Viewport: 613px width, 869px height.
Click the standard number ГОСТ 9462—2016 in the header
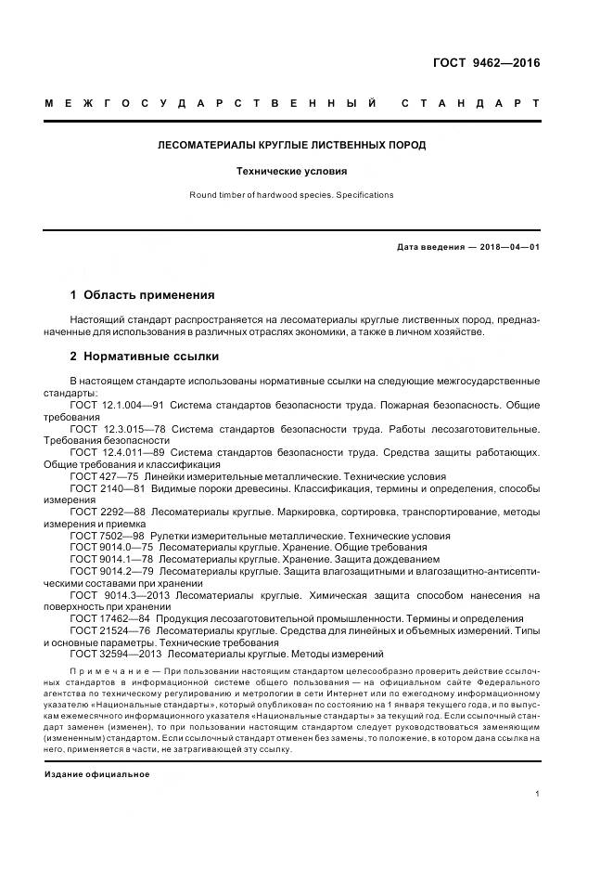486,64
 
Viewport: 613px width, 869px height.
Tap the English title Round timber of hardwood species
291,195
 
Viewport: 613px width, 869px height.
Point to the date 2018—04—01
507,247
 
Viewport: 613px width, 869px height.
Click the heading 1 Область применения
142,295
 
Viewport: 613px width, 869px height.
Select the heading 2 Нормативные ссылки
144,357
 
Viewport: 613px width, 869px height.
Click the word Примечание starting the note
110,669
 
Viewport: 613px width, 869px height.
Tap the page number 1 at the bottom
538,794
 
